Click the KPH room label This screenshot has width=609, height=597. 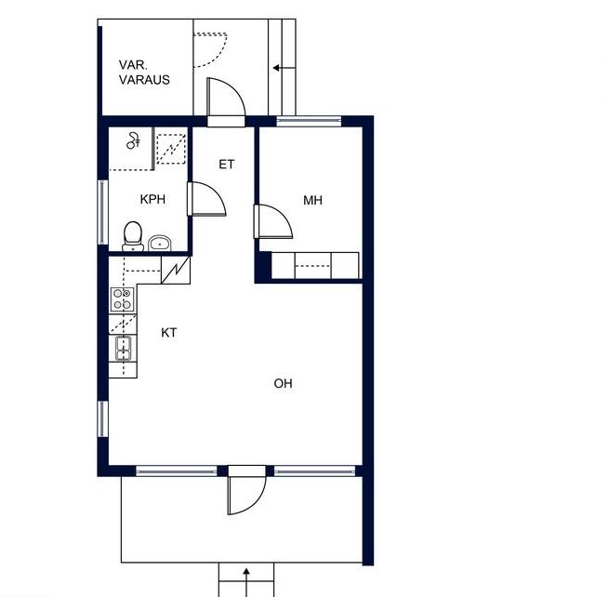coord(152,199)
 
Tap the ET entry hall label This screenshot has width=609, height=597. coord(227,165)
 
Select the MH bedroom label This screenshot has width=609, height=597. coord(312,201)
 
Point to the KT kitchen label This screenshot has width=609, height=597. coord(169,333)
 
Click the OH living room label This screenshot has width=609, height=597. coord(284,383)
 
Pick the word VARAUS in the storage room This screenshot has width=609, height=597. coord(144,80)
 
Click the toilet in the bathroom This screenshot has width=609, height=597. coord(133,236)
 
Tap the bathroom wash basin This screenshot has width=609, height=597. coord(160,243)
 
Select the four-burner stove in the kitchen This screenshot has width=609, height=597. coord(123,299)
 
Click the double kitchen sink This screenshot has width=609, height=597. coord(123,349)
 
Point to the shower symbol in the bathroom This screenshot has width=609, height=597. coord(133,140)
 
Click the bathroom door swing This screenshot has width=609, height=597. coord(206,198)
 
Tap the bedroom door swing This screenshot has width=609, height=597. coord(273,221)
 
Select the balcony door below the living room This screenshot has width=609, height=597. coord(247,490)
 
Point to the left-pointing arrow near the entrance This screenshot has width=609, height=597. coord(284,68)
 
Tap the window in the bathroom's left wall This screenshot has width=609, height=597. coord(102,212)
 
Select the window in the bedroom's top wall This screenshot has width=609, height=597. coord(309,121)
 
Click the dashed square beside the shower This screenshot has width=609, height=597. coord(171,149)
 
